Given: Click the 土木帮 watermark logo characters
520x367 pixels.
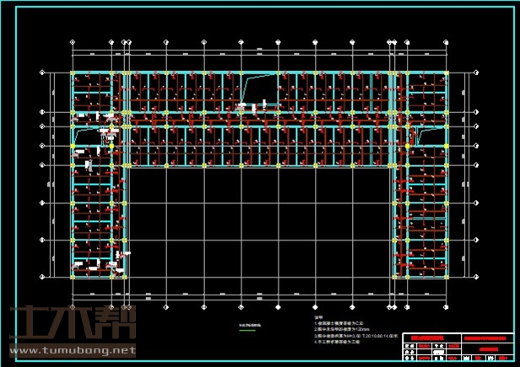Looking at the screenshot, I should [x=73, y=324].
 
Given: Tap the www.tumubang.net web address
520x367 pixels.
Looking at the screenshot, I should [x=73, y=349].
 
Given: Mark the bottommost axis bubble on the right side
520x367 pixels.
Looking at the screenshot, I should [x=478, y=275].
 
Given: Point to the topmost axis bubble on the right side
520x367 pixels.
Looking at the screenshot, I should [x=478, y=73].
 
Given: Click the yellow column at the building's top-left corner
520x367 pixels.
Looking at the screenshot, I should [x=72, y=73].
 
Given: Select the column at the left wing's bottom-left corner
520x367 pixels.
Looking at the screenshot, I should [x=72, y=275].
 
